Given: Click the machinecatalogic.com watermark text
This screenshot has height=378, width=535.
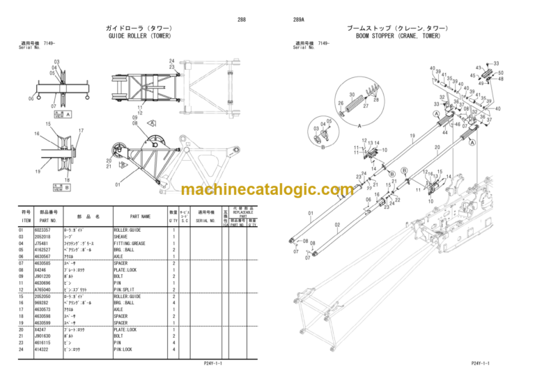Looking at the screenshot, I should (267, 189).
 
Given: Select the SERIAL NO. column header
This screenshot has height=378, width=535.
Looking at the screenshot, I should (206, 220).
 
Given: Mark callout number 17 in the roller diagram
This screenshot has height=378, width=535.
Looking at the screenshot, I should (82, 130).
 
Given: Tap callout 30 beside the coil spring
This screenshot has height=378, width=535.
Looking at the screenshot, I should (352, 94).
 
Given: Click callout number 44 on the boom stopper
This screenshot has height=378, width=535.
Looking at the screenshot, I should (444, 132).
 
